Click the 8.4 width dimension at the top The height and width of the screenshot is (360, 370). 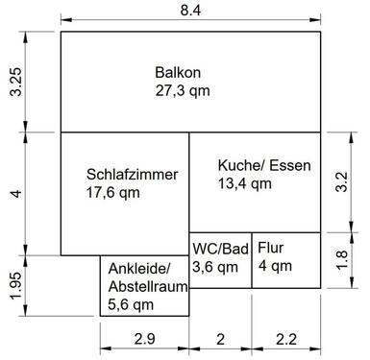point(191,11)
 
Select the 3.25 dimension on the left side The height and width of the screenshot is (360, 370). point(14,83)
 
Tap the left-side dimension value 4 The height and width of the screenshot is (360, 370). point(14,194)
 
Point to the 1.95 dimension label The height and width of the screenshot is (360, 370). point(14,286)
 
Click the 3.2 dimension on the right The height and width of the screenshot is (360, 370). point(341,182)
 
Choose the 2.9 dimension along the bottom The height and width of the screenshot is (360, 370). point(144,338)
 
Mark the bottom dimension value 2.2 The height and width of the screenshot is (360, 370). point(286,338)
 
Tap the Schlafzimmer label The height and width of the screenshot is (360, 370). point(132,175)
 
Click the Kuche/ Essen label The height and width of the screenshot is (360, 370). point(264,165)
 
